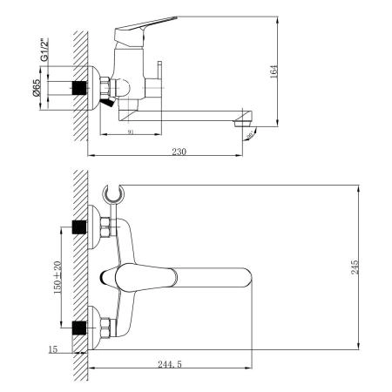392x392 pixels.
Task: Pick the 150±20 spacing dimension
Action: point(57,275)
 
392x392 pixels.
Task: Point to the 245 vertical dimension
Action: point(354,267)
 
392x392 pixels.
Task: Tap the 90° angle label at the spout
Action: point(251,134)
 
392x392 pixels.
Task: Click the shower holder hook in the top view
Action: point(111,192)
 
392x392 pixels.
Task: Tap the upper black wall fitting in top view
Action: point(78,227)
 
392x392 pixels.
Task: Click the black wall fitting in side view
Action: point(82,89)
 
